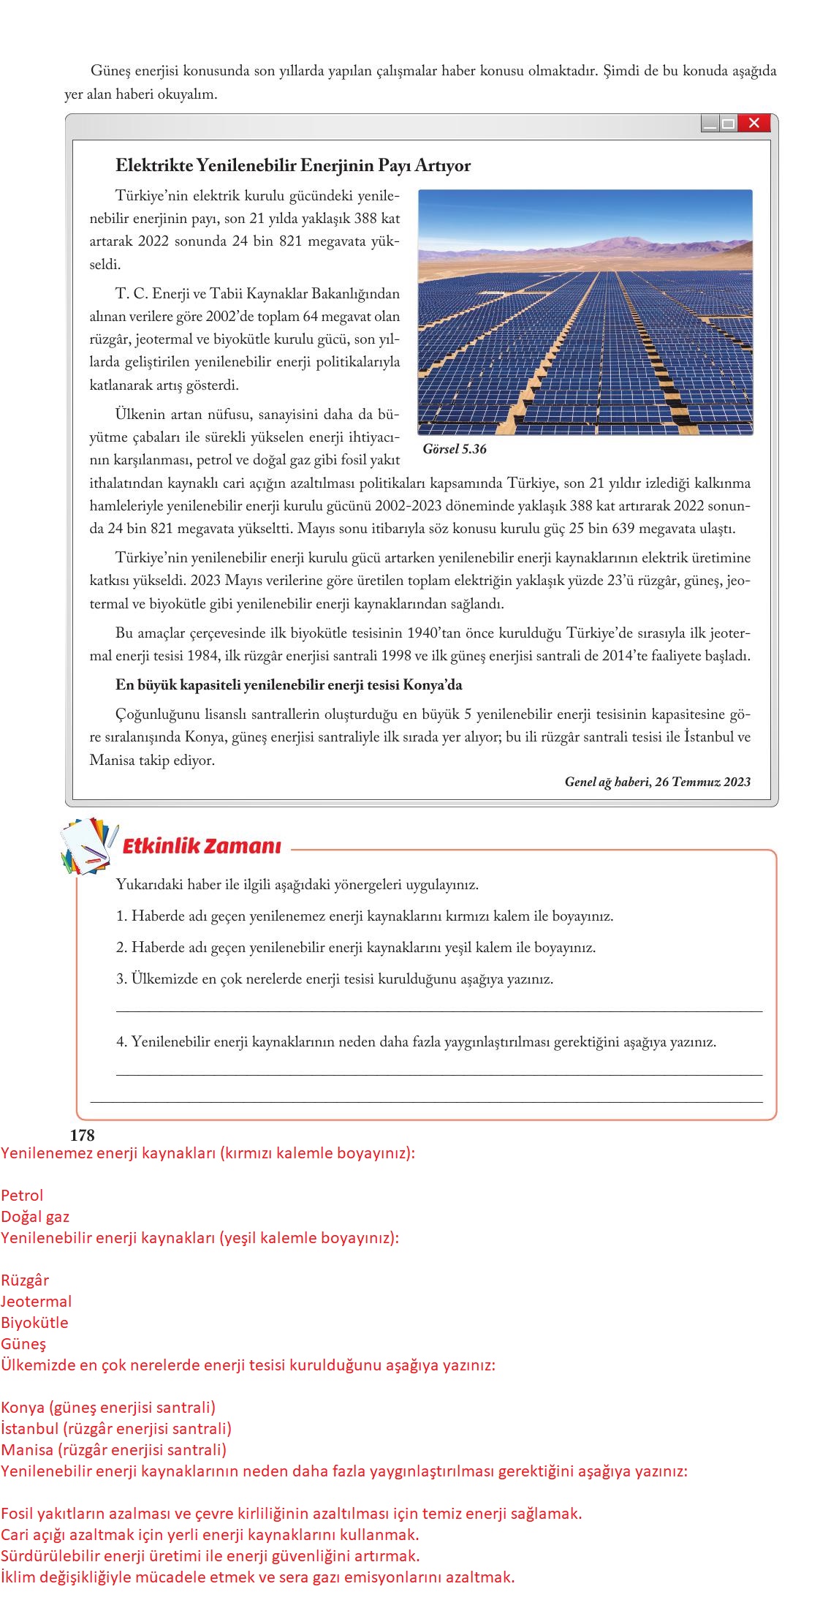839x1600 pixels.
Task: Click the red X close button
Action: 754,124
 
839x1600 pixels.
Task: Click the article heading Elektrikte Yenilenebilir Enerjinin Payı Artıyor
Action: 293,165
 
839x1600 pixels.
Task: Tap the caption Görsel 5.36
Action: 454,449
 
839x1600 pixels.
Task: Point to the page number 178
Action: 82,1135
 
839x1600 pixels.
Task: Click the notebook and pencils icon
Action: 89,846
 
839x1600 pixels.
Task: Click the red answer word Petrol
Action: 22,1195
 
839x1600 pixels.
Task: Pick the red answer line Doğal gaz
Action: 35,1216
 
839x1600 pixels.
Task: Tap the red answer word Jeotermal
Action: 37,1301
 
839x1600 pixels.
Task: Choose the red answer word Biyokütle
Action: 34,1322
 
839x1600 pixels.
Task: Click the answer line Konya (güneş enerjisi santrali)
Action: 108,1407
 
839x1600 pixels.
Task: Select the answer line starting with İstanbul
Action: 116,1427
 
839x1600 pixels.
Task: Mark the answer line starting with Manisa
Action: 113,1449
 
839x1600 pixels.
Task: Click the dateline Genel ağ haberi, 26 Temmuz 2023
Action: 657,782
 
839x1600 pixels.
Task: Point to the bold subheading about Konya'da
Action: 289,685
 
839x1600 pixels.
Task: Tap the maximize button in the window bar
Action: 728,124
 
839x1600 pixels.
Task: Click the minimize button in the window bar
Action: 710,124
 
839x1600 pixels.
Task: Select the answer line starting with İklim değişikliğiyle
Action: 257,1577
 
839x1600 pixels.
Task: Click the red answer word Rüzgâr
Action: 25,1280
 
